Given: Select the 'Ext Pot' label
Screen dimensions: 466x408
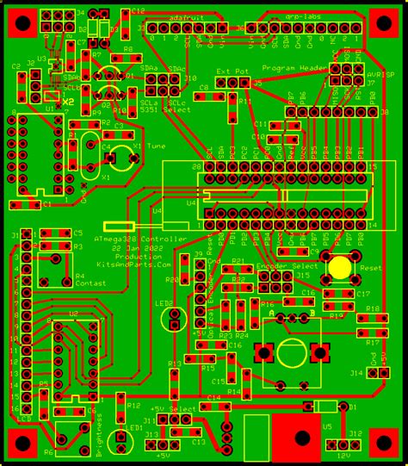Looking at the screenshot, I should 233,72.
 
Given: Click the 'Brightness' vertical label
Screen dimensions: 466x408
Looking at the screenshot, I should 98,436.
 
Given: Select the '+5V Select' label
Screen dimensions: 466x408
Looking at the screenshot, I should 173,408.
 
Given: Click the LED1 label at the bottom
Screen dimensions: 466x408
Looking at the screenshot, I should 133,427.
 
